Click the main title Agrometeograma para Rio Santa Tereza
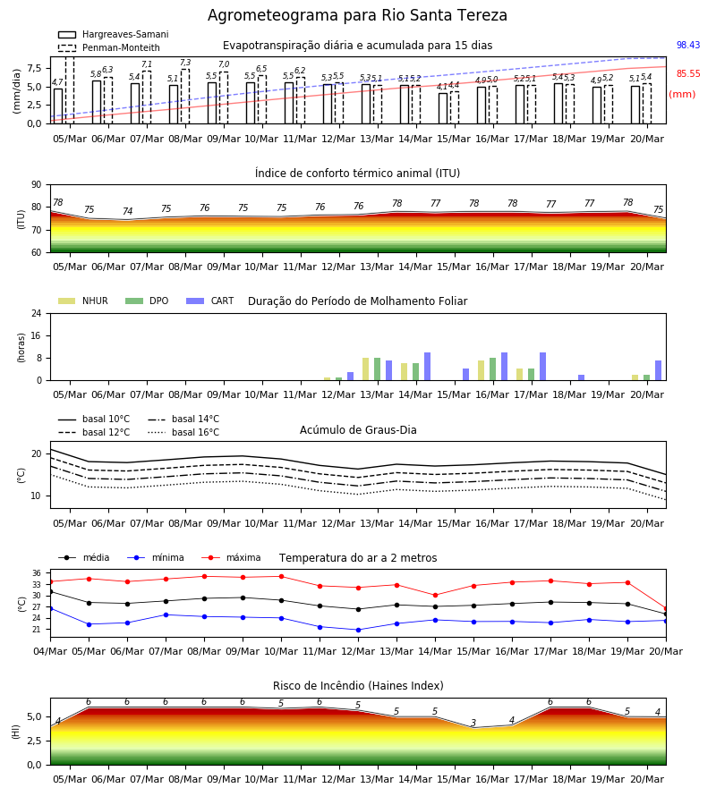pos(357,15)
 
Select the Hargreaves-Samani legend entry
pos(114,34)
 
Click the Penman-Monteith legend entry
pos(109,47)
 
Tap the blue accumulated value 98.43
pos(688,45)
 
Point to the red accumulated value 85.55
pos(688,73)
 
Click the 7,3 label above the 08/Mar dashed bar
pos(185,63)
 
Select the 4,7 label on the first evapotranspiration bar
pos(57,82)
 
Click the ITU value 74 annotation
pos(127,211)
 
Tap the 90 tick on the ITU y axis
pos(37,185)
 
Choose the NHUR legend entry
pos(83,301)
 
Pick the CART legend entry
pos(210,301)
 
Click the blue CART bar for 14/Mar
pos(427,367)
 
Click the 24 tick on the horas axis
pos(37,313)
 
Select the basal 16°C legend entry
pos(183,432)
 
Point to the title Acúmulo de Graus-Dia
pos(358,429)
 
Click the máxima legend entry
pos(231,557)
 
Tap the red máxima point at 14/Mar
pos(436,596)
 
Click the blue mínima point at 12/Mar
pos(359,630)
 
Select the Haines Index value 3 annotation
pos(473,723)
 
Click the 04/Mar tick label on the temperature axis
pos(50,651)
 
